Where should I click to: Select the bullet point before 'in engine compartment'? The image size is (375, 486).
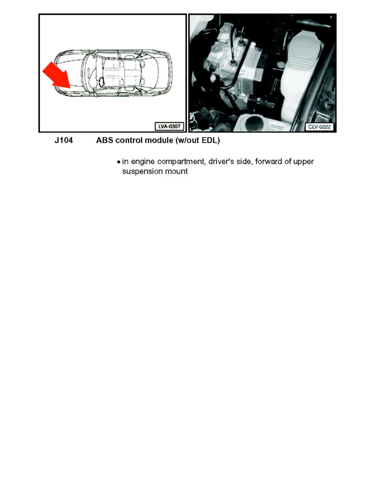[118, 162]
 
